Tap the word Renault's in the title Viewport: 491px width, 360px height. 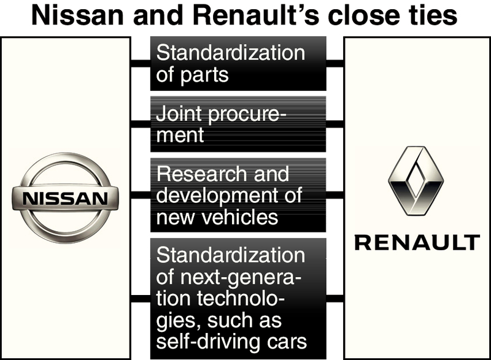(245, 16)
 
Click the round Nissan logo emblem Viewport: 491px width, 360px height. (61, 197)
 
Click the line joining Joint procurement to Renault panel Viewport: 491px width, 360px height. (334, 124)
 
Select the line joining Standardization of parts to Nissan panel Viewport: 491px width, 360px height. (141, 63)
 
